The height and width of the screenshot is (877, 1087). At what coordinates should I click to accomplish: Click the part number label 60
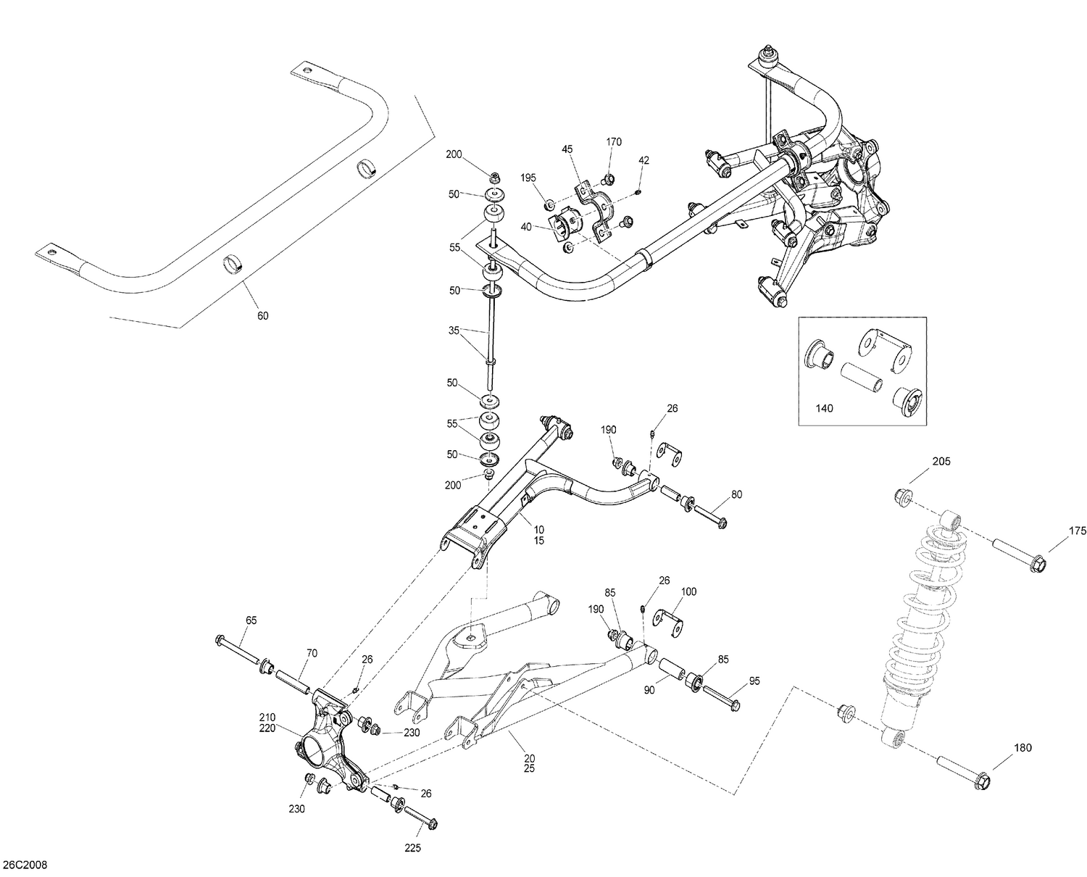(x=262, y=315)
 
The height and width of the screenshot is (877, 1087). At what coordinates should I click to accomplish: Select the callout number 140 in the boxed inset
(x=824, y=408)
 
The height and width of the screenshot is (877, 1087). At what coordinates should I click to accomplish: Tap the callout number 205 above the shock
(x=941, y=461)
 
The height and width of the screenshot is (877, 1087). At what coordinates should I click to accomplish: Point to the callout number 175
(x=1077, y=531)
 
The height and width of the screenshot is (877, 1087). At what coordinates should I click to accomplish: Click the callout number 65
(x=251, y=620)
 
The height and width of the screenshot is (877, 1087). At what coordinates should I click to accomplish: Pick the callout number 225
(x=412, y=847)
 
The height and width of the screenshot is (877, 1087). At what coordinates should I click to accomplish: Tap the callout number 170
(x=613, y=142)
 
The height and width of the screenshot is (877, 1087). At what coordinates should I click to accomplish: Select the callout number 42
(x=644, y=159)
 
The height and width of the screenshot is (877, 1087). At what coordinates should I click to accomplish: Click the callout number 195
(x=528, y=178)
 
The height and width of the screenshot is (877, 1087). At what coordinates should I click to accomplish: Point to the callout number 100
(x=688, y=591)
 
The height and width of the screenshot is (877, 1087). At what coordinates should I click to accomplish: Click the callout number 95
(x=754, y=681)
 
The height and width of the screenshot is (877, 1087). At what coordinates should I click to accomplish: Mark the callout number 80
(x=736, y=495)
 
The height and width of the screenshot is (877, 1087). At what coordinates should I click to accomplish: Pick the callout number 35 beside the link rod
(x=454, y=330)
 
